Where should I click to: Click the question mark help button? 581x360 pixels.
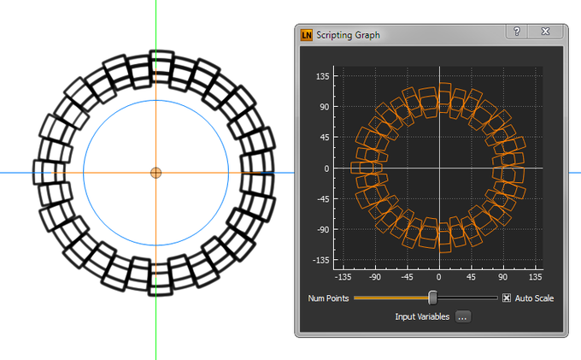pyautogui.click(x=517, y=32)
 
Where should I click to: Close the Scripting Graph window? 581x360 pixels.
pyautogui.click(x=545, y=32)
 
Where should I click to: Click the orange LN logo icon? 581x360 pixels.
pyautogui.click(x=307, y=35)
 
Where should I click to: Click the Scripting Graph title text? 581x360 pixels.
pyautogui.click(x=348, y=35)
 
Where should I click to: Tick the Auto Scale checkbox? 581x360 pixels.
pyautogui.click(x=507, y=298)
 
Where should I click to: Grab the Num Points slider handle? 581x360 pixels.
pyautogui.click(x=432, y=298)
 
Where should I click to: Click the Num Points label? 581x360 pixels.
pyautogui.click(x=328, y=298)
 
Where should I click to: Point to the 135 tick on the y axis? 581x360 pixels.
pyautogui.click(x=322, y=76)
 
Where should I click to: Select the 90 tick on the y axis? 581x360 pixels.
pyautogui.click(x=325, y=107)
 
